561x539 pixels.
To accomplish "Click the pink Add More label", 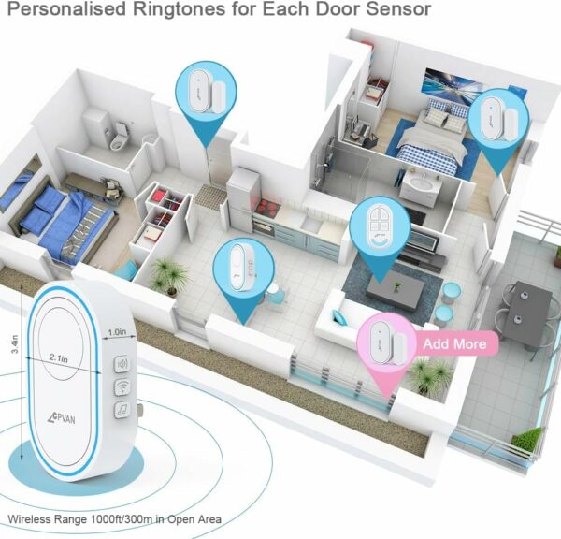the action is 456,343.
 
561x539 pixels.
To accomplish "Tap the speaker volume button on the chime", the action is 122,364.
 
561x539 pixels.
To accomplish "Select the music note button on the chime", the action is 122,410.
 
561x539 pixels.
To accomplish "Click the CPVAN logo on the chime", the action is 61,418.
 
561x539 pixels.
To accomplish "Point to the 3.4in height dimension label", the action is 15,343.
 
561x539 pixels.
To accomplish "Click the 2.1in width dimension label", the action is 59,357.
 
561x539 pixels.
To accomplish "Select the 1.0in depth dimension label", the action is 117,332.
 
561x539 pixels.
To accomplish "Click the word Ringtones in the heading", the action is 179,9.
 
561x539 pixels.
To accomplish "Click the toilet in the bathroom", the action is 119,137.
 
